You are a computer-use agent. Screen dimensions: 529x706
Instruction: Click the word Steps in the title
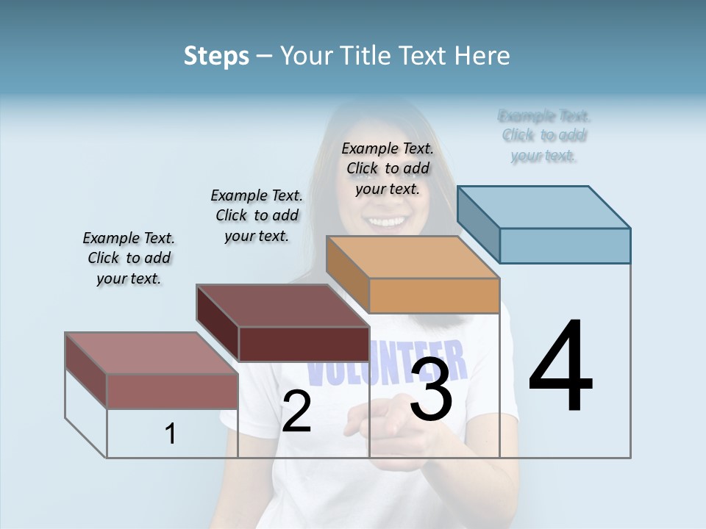coord(216,56)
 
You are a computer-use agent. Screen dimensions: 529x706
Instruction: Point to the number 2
coord(296,411)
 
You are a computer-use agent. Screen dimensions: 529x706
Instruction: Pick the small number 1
coord(171,433)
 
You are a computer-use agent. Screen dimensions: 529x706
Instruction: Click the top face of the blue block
coord(544,207)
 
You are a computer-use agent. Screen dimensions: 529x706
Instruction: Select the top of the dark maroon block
coord(283,306)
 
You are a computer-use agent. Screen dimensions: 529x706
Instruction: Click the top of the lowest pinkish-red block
coord(151,353)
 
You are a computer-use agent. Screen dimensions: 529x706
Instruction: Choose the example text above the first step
coord(129,258)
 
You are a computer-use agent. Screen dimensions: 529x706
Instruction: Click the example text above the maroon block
coord(257,215)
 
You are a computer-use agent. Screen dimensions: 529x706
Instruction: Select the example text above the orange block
coord(388,168)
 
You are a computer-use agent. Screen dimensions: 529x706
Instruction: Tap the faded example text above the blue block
coord(544,136)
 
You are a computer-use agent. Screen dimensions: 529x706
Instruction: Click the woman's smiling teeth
coord(388,220)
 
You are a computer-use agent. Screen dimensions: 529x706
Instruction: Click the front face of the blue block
coord(565,245)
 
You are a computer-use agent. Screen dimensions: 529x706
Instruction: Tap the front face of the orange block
coord(434,295)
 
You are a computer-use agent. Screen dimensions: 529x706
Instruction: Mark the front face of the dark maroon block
coord(304,344)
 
